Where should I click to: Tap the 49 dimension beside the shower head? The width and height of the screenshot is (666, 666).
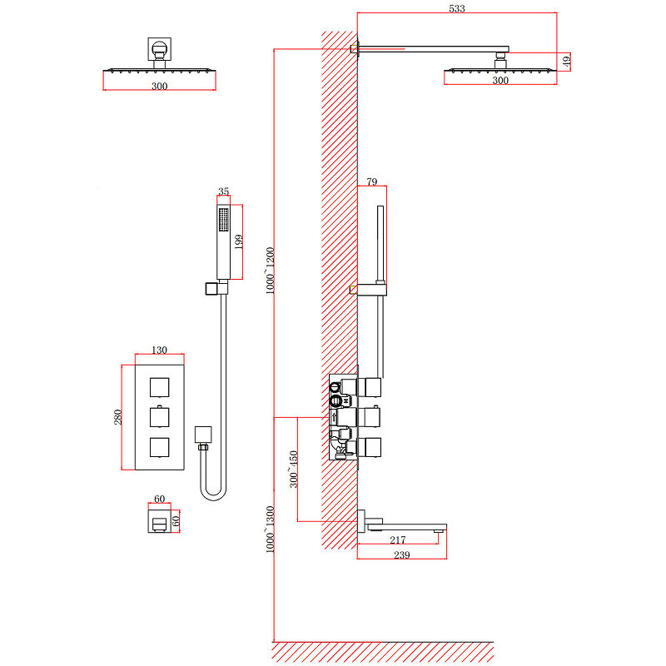click(x=566, y=60)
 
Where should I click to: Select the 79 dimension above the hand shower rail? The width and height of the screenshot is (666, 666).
click(x=372, y=181)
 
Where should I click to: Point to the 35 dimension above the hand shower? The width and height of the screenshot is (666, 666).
click(x=223, y=192)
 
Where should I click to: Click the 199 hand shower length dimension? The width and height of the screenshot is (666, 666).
click(x=238, y=241)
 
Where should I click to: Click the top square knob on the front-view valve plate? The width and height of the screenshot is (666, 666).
click(x=161, y=386)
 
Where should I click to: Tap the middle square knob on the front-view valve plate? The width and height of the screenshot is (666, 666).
click(x=161, y=416)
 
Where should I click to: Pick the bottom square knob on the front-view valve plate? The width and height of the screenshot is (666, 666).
click(x=161, y=447)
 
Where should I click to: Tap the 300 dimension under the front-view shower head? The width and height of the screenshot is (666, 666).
click(x=160, y=87)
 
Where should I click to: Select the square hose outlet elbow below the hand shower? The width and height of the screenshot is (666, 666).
click(x=203, y=435)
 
